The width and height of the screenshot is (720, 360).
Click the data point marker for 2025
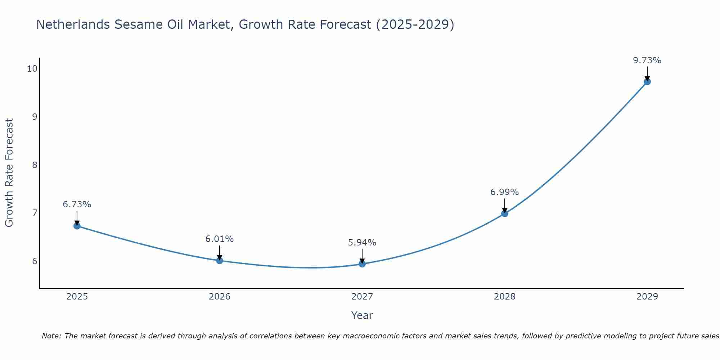click(x=77, y=226)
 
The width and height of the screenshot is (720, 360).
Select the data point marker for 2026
click(x=220, y=260)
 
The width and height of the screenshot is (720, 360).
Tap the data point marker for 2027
click(x=362, y=264)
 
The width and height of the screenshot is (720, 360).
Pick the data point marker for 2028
click(x=505, y=213)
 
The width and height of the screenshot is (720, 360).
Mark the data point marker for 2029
click(x=647, y=82)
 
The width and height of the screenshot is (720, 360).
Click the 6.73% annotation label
click(x=77, y=204)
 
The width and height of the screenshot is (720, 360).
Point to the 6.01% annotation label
click(x=220, y=239)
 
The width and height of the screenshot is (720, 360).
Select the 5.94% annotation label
click(x=362, y=243)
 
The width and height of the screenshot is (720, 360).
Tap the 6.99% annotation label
click(x=505, y=192)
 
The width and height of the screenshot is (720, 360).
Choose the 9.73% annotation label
click(x=647, y=60)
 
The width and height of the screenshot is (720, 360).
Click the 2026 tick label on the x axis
click(x=220, y=297)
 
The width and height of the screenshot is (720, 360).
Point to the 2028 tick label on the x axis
click(x=505, y=297)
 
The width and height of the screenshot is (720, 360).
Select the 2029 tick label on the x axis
click(x=647, y=297)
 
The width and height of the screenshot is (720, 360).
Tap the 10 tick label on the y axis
click(x=32, y=69)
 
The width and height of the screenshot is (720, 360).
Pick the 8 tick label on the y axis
click(x=35, y=165)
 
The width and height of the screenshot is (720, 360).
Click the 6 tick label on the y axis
click(x=35, y=261)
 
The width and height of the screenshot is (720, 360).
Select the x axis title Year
click(x=362, y=315)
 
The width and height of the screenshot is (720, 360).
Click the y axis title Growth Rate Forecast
click(x=9, y=173)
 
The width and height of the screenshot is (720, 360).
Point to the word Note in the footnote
click(x=51, y=336)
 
